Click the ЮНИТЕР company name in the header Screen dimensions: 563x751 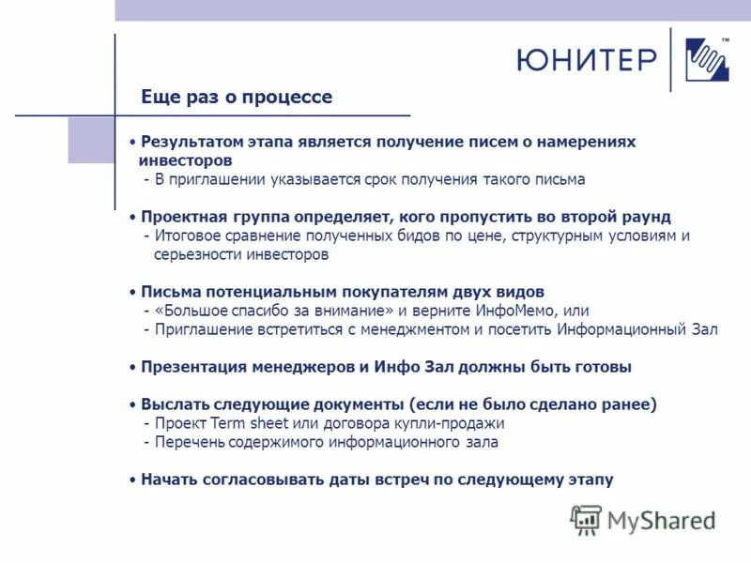(x=586, y=60)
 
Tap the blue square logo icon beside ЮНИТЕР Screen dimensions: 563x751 (x=707, y=61)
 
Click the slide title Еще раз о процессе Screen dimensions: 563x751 (x=237, y=97)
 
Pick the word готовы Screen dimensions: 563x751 (x=602, y=367)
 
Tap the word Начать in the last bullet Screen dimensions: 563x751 (x=169, y=479)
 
